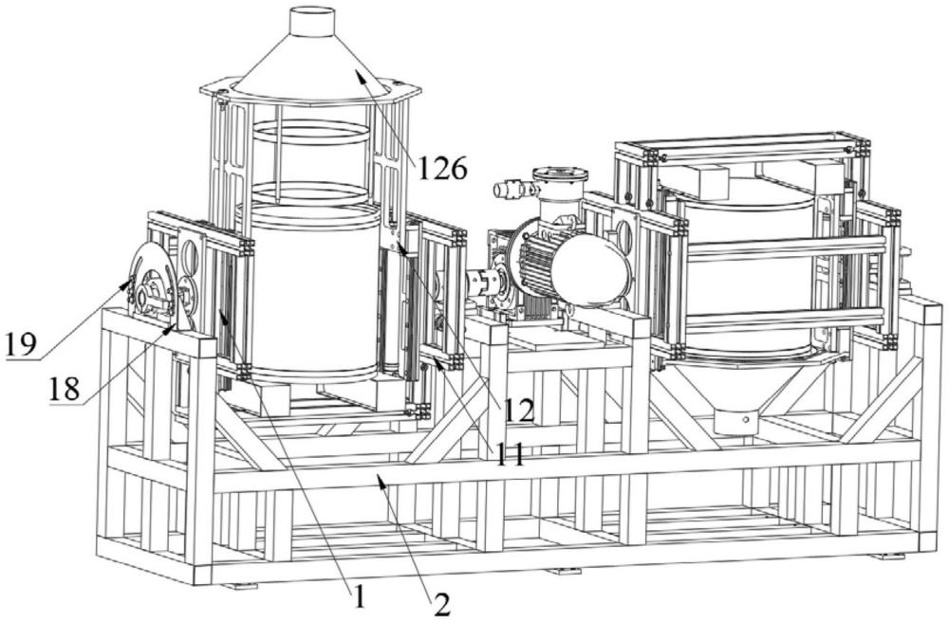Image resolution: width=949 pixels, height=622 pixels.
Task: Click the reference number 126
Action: [441, 170]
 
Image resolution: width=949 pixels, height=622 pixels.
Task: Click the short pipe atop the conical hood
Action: [311, 21]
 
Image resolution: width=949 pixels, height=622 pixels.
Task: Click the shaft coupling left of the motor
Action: [480, 284]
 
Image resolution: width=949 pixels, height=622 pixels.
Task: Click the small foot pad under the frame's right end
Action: [886, 556]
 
